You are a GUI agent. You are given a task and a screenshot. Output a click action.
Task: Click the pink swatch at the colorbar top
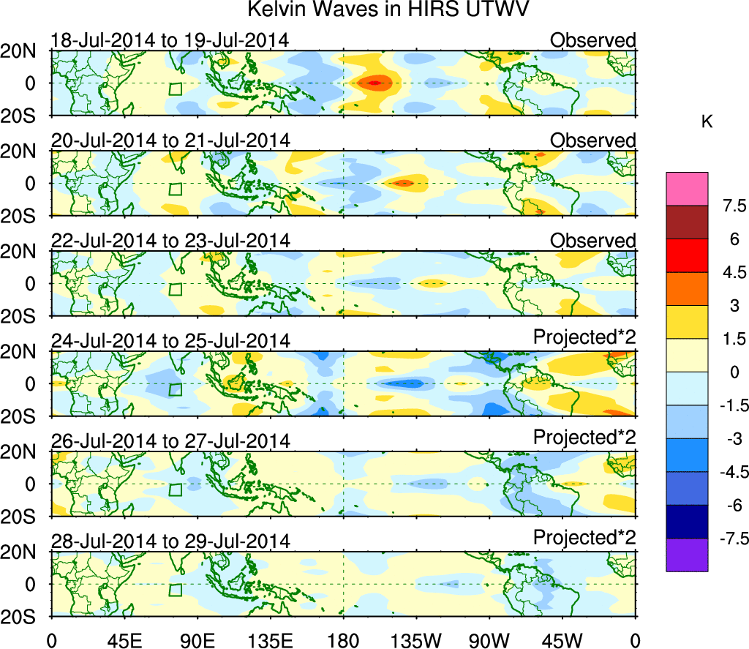point(687,189)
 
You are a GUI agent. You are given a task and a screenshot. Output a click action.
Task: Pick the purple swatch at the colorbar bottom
point(687,555)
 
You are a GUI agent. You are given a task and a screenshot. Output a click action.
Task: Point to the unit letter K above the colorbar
point(707,122)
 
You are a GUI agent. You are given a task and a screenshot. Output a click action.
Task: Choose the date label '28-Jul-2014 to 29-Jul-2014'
point(170,542)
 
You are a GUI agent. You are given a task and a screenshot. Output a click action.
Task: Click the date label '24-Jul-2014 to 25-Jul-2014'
point(170,341)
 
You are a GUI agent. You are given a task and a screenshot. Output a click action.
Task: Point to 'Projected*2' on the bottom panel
point(584,537)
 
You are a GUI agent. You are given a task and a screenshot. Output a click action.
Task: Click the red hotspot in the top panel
point(374,83)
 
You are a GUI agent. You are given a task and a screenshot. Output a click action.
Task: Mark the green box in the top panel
point(176,89)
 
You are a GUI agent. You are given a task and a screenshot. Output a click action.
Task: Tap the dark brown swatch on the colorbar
point(687,222)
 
